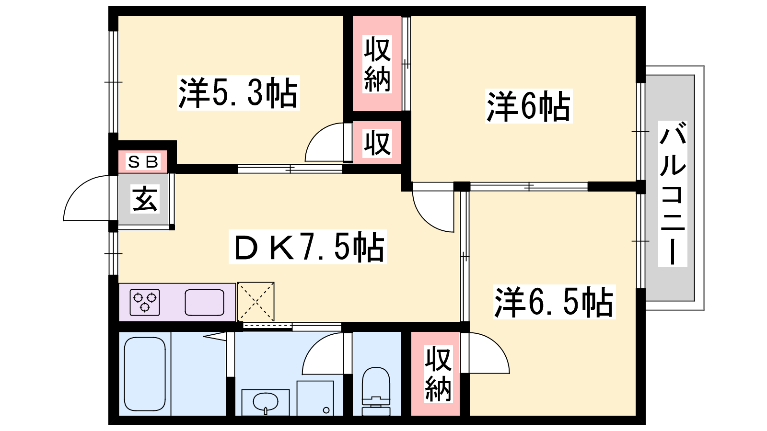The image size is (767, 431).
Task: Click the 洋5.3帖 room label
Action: point(238,93)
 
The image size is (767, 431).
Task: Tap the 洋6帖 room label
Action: point(529,106)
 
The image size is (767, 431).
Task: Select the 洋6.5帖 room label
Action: point(554,302)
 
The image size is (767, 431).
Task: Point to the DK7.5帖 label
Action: point(307,247)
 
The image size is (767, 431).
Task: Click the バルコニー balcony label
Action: point(673,193)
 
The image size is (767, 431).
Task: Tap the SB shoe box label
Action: point(143,161)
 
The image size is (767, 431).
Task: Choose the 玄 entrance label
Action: point(145,199)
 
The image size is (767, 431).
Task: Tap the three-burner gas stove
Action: point(145,302)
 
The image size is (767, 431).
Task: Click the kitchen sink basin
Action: point(204,302)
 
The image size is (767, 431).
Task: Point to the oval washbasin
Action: point(266,401)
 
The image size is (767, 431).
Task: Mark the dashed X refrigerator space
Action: point(256,302)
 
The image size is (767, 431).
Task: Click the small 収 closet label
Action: point(377,143)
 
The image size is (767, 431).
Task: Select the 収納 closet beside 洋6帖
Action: point(377,64)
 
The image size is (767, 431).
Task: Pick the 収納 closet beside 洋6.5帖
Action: point(438,374)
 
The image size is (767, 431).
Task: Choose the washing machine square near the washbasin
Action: point(315,398)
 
